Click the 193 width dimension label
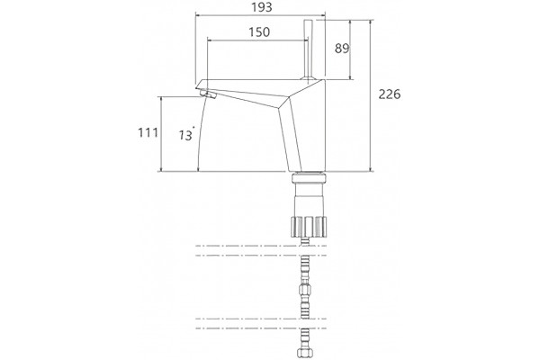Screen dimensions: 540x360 click(262, 7)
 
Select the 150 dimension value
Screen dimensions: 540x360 click(259, 32)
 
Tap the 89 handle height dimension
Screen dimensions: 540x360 click(342, 49)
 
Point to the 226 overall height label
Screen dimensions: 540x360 click(390, 94)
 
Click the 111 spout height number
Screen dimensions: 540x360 click(148, 132)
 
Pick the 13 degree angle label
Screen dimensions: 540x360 click(186, 135)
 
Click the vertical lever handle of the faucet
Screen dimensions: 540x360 click(308, 49)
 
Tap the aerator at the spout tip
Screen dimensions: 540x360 click(209, 94)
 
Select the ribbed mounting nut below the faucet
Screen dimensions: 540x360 click(308, 227)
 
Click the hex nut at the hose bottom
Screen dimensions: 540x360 click(304, 353)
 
